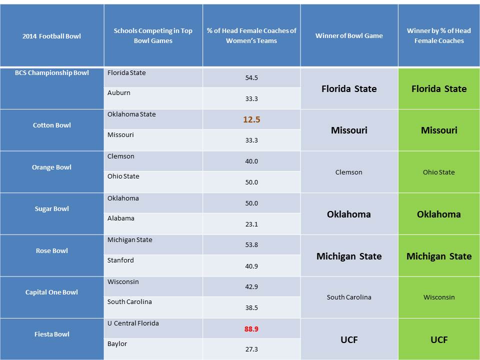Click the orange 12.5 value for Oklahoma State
[x=251, y=120]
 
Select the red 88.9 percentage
[x=251, y=329]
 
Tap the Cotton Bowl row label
[x=52, y=125]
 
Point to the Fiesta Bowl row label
[x=52, y=334]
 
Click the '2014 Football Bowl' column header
[x=52, y=36]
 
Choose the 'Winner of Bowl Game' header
[x=349, y=35]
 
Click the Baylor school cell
[x=117, y=344]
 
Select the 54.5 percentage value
[x=251, y=78]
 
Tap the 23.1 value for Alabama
[x=251, y=224]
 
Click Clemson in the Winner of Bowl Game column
[x=349, y=172]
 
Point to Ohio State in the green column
[x=438, y=172]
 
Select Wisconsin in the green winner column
[x=438, y=297]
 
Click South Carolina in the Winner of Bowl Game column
[x=349, y=297]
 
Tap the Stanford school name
[x=120, y=260]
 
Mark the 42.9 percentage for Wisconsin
[x=251, y=287]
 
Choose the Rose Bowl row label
[x=52, y=250]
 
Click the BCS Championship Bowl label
[x=52, y=73]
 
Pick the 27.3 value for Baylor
[x=251, y=349]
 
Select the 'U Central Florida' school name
[x=133, y=323]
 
